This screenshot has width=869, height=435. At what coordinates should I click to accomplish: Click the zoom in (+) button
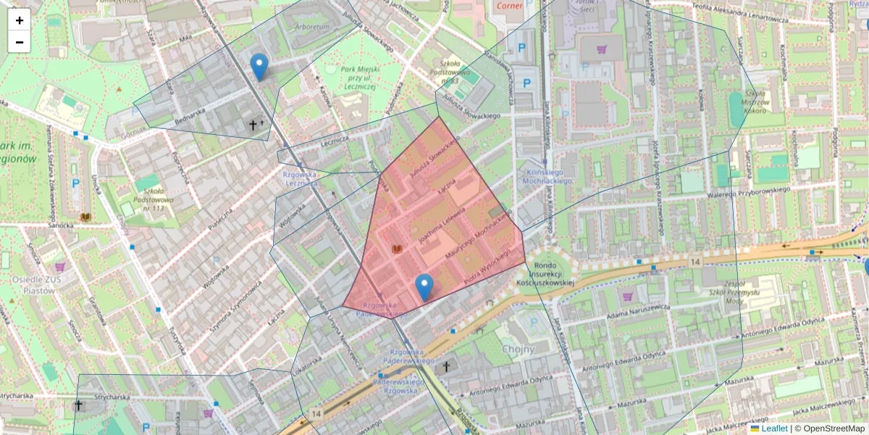[20, 20]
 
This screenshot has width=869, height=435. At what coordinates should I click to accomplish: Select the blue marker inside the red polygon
[424, 287]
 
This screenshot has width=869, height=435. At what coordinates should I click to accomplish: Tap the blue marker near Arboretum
[259, 67]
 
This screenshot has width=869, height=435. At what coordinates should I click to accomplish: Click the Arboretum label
[312, 26]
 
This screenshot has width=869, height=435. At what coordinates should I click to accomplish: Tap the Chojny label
[518, 349]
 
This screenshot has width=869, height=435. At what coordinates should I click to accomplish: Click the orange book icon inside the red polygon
[396, 249]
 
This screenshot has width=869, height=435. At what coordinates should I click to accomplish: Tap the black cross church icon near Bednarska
[253, 125]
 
